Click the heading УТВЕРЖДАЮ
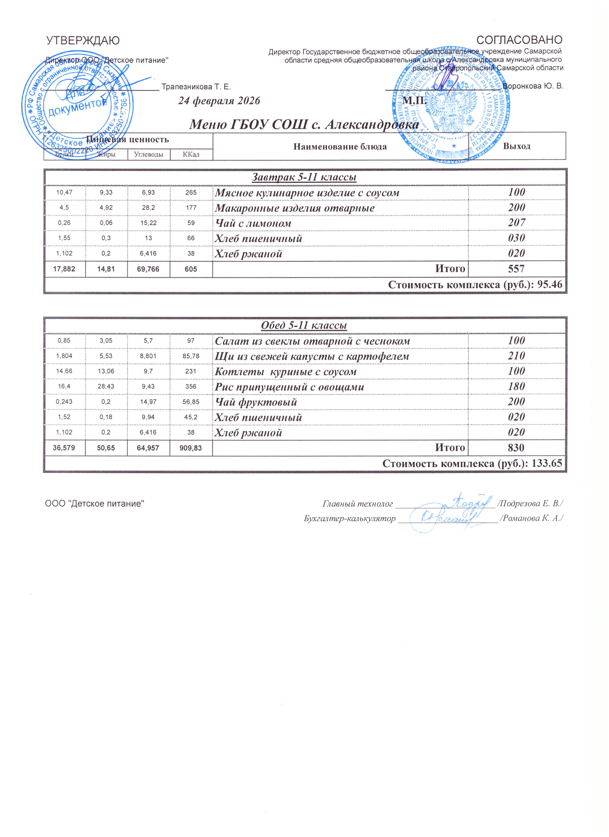(83, 40)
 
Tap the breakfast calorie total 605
(191, 269)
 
